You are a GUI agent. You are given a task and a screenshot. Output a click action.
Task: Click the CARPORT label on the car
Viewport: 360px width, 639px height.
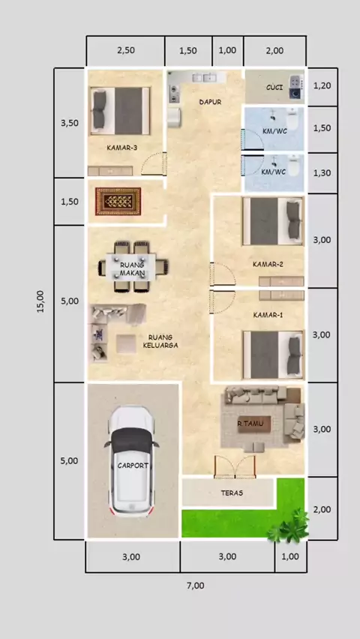(x=133, y=466)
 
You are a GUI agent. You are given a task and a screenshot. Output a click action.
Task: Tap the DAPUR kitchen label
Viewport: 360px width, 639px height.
(x=210, y=102)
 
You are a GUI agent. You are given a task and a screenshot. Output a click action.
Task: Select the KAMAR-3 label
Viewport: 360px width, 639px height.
(x=122, y=148)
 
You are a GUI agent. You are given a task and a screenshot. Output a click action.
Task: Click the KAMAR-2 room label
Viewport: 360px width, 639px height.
(x=268, y=264)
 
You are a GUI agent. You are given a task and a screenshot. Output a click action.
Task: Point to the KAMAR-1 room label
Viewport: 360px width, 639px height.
(x=268, y=315)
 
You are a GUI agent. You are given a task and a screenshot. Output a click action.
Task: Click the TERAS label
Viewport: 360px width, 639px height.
(x=232, y=493)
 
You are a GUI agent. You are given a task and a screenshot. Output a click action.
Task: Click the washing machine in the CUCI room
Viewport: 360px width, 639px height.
(x=296, y=87)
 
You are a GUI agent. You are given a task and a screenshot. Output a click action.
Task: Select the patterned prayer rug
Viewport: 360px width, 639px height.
(x=118, y=201)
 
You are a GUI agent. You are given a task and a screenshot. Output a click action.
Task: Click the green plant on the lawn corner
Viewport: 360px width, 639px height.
(x=289, y=525)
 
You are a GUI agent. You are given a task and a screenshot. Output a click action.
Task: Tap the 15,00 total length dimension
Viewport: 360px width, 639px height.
(x=40, y=301)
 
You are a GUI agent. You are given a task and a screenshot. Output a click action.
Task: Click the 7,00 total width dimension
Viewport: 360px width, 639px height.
(x=196, y=586)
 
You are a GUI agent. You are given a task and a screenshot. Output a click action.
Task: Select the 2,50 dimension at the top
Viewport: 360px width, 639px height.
(x=126, y=50)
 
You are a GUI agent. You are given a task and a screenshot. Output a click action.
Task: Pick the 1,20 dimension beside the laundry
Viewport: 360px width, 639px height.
(x=322, y=85)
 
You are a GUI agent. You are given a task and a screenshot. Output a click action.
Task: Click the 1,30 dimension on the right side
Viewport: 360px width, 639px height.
(x=322, y=172)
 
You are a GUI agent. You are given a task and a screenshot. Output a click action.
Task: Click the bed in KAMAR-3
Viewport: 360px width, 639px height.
(x=120, y=110)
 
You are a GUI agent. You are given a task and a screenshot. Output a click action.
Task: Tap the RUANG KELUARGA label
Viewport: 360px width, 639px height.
(x=160, y=341)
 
